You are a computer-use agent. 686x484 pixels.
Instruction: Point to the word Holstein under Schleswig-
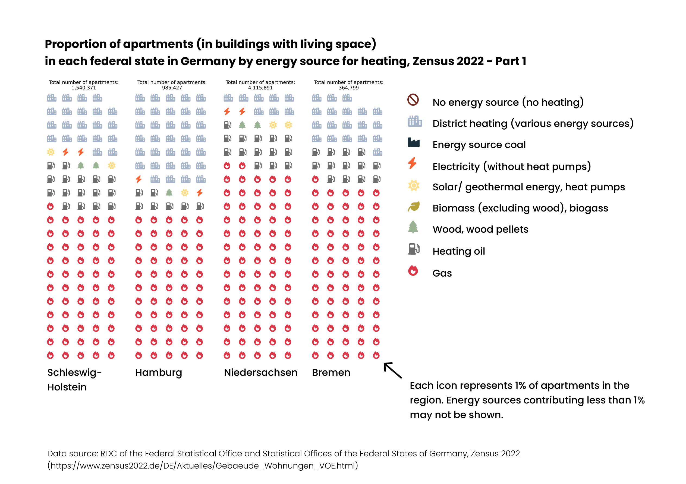67,387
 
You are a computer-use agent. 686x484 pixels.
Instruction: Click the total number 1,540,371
84,88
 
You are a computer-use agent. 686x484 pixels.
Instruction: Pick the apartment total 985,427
172,88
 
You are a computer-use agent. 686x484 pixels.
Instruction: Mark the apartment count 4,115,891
260,88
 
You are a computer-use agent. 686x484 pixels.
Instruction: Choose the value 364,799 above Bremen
348,88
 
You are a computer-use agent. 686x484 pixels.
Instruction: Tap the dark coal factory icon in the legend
414,143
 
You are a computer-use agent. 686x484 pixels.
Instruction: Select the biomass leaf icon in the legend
414,206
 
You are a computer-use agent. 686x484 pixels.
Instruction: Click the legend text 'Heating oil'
459,251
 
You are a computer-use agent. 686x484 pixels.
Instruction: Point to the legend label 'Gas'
442,273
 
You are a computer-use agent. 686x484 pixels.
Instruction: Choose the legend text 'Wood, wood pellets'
480,229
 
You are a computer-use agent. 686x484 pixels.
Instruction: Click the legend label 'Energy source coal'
479,145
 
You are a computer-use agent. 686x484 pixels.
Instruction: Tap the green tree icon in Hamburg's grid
169,193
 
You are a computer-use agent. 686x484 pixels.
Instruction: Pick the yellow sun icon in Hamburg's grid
185,193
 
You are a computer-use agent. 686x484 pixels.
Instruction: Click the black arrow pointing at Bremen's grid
393,370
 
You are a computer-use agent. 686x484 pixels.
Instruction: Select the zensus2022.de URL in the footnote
203,466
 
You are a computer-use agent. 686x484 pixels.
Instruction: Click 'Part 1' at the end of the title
510,61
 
